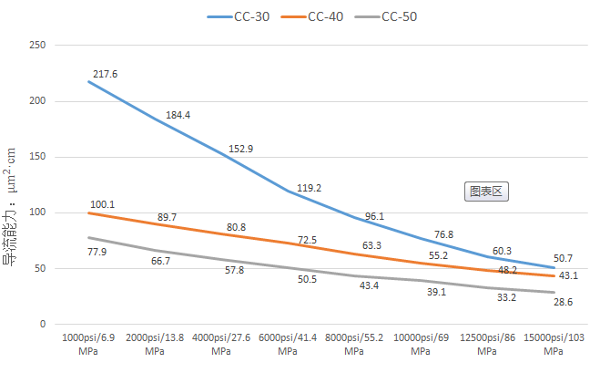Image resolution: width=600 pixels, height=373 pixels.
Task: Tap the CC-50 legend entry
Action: pos(400,16)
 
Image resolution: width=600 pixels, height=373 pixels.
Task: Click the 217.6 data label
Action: pos(105,74)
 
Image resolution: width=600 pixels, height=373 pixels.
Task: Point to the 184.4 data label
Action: pos(178,115)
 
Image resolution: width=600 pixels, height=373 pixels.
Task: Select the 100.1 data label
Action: pos(102,204)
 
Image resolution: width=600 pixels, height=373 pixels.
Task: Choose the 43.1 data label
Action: pos(567,275)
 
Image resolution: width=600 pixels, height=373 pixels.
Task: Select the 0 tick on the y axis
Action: pos(42,324)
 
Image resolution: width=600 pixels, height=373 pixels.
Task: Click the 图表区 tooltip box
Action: pos(486,192)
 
